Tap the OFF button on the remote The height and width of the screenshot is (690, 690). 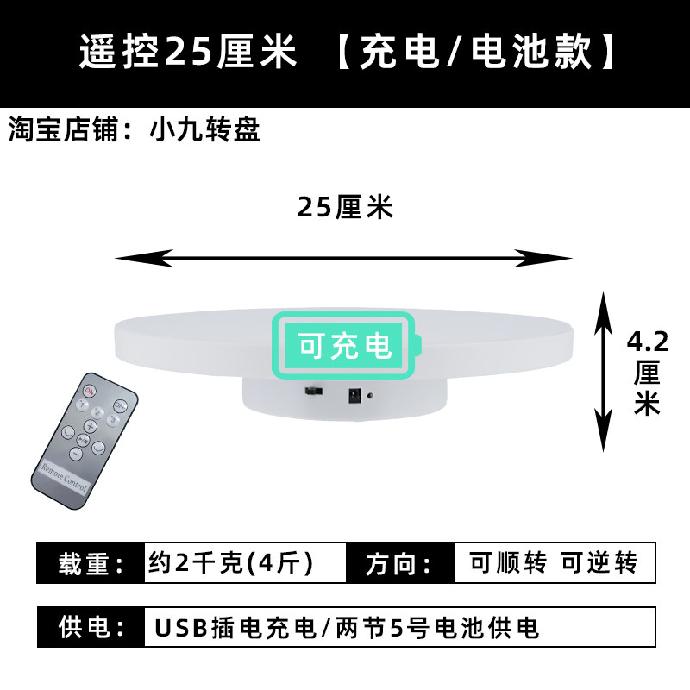[x=121, y=406]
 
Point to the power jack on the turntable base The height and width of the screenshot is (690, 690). [x=353, y=397]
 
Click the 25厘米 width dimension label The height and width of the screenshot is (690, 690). [x=345, y=207]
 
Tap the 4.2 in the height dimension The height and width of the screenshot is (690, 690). [x=646, y=342]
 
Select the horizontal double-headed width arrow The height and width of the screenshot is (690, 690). [x=344, y=257]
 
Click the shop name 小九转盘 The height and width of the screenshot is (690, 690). [x=204, y=130]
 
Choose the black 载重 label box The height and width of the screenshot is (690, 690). [x=91, y=564]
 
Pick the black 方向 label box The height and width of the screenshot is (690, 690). [x=399, y=564]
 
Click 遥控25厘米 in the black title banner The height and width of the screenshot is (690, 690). [x=188, y=53]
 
